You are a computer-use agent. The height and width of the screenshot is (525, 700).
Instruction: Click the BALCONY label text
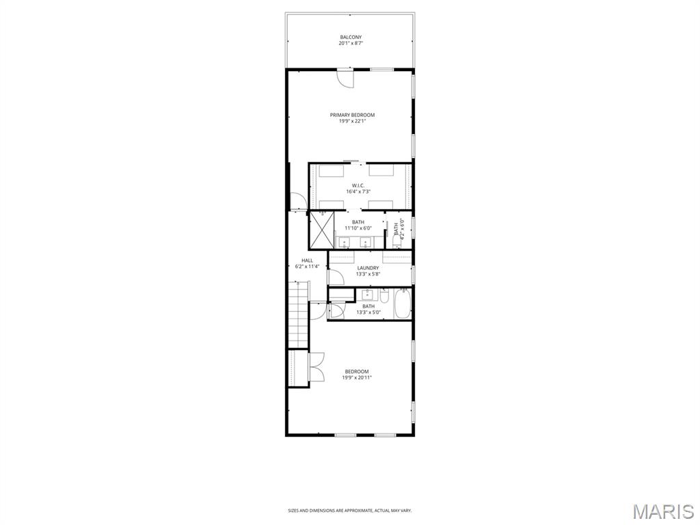(x=350, y=37)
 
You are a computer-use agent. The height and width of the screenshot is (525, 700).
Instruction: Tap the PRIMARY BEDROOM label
(x=352, y=115)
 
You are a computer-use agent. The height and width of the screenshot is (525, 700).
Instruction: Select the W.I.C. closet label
(x=358, y=185)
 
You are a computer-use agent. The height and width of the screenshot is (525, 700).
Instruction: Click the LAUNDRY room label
(x=368, y=268)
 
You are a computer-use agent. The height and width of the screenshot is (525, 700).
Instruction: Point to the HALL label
(x=308, y=260)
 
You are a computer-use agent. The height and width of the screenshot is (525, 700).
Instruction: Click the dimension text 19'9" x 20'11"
(x=357, y=377)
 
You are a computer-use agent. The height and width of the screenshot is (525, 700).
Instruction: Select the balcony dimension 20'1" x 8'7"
(x=350, y=43)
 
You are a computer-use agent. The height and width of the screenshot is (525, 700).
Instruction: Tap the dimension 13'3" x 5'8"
(x=368, y=274)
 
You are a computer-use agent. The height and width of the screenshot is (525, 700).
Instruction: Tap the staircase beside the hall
(x=298, y=316)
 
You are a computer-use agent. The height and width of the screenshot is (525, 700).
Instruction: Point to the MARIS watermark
(x=662, y=511)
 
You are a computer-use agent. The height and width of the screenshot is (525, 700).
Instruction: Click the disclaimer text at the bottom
(x=350, y=510)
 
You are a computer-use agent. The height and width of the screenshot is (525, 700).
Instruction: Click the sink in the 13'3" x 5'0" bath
(x=368, y=295)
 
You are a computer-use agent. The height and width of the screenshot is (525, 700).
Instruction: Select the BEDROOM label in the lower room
(x=357, y=371)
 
